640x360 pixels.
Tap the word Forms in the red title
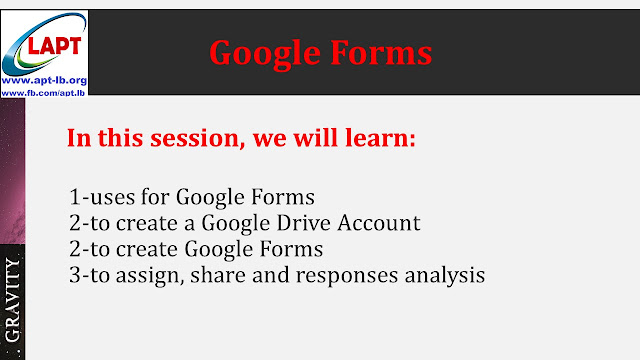[x=381, y=52]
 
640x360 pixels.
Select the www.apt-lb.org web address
[x=44, y=77]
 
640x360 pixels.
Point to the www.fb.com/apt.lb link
[x=44, y=91]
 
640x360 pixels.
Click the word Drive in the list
[x=313, y=223]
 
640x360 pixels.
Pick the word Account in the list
[x=381, y=223]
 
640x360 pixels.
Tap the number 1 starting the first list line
[x=76, y=197]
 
